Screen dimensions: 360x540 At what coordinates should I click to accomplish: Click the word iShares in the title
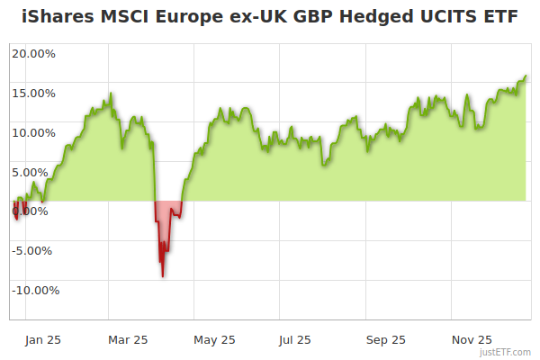coord(56,18)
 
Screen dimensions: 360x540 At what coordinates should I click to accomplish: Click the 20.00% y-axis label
coord(33,53)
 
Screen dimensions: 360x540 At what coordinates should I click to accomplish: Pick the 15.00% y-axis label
coord(33,93)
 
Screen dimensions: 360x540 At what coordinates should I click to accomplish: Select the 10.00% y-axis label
coord(33,132)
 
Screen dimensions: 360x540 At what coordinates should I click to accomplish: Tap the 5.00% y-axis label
coord(37,172)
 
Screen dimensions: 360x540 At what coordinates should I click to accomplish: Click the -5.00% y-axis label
coord(35,251)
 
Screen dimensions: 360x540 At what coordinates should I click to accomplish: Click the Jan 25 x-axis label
coord(42,340)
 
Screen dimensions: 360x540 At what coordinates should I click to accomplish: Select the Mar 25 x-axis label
coord(128,340)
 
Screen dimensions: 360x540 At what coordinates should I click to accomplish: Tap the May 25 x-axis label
coord(214,340)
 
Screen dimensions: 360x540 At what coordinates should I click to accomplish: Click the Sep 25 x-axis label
coord(386,340)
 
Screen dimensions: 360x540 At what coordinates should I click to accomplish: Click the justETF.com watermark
coord(506,353)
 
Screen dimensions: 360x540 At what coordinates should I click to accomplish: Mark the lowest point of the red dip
coord(162,276)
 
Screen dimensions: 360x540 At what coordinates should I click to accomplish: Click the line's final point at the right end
coord(526,76)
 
